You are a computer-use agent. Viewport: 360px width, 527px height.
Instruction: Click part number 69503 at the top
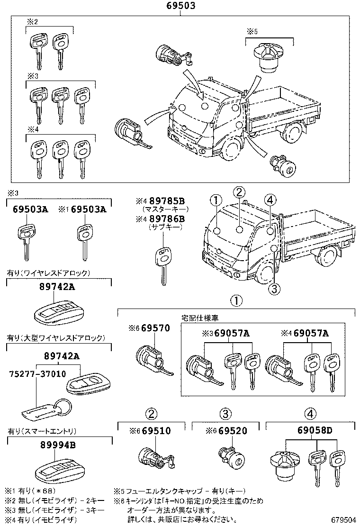[180, 6]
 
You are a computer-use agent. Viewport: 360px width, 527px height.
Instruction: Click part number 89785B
[167, 201]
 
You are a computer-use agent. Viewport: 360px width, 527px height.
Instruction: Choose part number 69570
[155, 328]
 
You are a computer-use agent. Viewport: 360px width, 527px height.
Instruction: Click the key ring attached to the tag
[63, 407]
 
